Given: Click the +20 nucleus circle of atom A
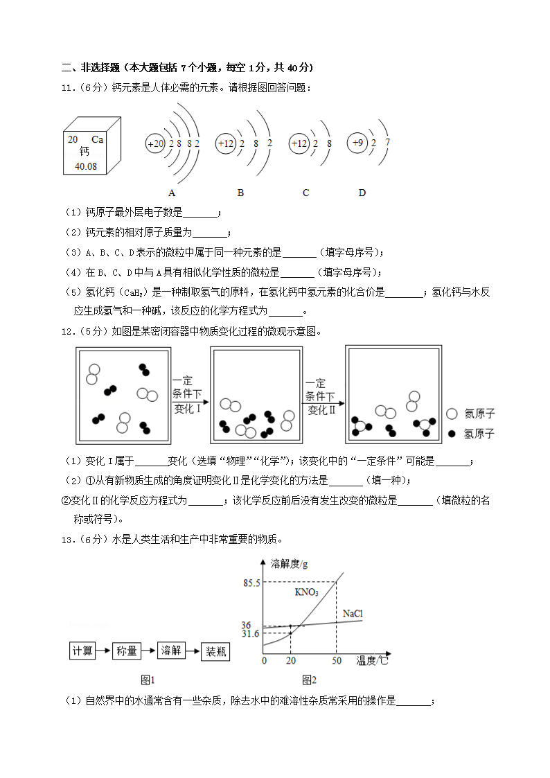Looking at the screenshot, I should click(155, 143).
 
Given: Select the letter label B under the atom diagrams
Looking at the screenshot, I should click(240, 193).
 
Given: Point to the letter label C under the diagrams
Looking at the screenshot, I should click(305, 193).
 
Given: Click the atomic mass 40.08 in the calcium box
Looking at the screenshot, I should click(86, 166).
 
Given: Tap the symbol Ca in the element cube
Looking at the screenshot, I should click(97, 139).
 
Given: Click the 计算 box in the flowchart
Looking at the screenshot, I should click(82, 651).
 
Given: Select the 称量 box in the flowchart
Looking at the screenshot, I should click(126, 651).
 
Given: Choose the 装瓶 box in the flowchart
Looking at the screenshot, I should click(215, 651).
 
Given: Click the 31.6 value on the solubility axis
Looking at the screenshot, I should click(250, 634).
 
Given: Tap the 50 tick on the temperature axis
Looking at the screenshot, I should click(337, 661).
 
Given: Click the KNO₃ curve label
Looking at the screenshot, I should click(306, 592).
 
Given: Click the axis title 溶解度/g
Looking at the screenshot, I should click(290, 563).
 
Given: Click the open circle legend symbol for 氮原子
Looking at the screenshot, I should click(452, 414).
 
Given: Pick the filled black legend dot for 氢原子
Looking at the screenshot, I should click(452, 434).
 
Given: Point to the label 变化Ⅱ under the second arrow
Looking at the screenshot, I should click(321, 410).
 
